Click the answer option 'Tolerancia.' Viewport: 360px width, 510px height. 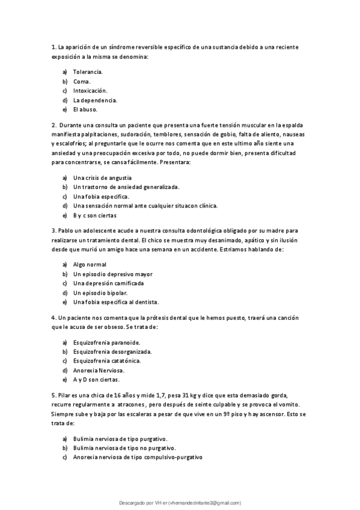point(88,72)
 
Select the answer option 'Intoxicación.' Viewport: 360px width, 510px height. point(90,91)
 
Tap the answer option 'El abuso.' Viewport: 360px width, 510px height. point(85,110)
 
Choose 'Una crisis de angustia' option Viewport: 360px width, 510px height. point(102,177)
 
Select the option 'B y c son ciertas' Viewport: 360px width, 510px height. point(95,215)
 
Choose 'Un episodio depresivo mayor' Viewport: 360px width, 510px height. point(112,274)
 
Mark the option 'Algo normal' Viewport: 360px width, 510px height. point(90,264)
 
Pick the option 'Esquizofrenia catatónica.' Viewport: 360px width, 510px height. point(107,361)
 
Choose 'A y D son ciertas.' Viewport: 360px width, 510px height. point(96,379)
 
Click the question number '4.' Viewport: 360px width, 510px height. point(54,317)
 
